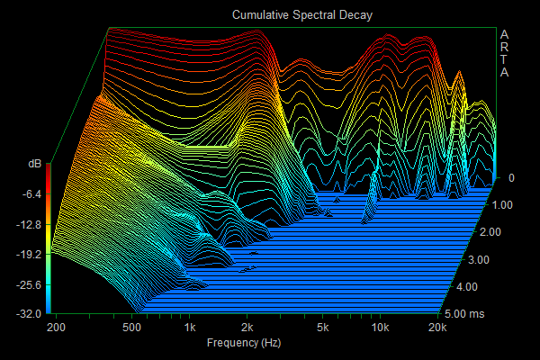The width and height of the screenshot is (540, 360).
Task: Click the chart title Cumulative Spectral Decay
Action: tap(302, 15)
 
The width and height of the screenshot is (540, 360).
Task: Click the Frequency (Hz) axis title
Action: tap(244, 343)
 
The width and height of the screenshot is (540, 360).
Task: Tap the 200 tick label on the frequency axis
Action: tap(56, 328)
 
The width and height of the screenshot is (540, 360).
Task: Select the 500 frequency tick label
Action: tap(131, 328)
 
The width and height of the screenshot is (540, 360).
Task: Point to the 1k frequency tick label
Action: tap(190, 328)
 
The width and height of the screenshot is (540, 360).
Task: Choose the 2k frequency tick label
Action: tap(247, 328)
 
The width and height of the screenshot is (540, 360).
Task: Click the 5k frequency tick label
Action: tap(323, 328)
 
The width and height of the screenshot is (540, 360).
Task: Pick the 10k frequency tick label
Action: tap(380, 328)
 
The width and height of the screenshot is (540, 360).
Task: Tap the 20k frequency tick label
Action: tap(437, 328)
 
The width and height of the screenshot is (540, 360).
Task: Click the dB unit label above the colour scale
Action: tap(34, 164)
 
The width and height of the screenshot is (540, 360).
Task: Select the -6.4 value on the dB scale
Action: tap(31, 194)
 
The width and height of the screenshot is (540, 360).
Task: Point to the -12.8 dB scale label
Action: tap(29, 225)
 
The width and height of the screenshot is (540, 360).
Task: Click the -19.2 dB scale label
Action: tap(29, 255)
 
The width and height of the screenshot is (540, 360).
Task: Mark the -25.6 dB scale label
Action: tap(29, 285)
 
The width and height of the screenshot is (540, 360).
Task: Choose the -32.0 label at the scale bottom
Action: tap(29, 314)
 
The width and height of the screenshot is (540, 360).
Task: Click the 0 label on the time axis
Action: tap(511, 178)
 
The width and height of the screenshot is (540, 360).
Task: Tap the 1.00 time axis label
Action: tap(502, 205)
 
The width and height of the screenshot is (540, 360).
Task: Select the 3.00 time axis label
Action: tap(479, 260)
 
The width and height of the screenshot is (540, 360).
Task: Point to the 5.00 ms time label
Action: tap(464, 314)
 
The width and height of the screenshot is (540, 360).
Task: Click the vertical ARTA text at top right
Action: tap(504, 53)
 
